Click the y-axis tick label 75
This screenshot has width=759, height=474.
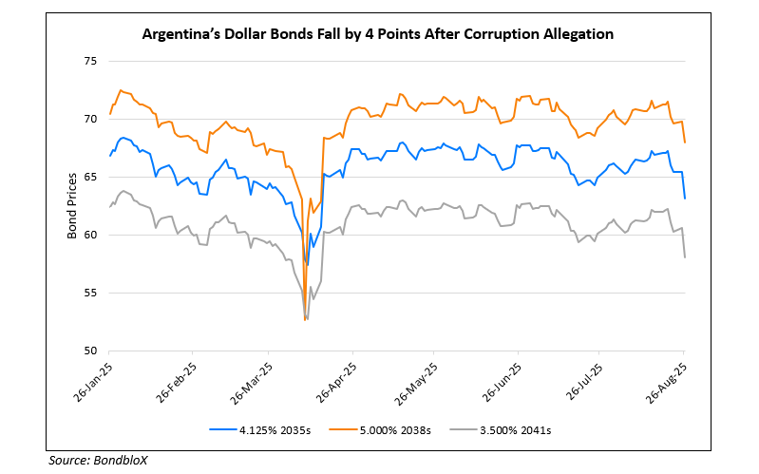pos(92,61)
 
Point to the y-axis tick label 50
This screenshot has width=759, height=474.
pos(92,351)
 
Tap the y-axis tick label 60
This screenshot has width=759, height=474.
pos(92,235)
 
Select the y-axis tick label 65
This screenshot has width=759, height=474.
pos(92,177)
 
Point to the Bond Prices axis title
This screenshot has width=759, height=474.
pos(72,205)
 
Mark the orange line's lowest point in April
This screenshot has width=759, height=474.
pos(305,320)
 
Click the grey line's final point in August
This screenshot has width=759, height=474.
pos(685,257)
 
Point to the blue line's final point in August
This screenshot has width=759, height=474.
pos(685,198)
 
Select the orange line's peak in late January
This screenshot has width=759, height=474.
pos(121,90)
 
